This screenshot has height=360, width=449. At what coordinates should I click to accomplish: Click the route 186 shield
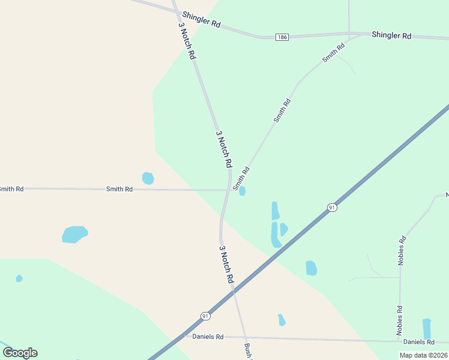(x=282, y=37)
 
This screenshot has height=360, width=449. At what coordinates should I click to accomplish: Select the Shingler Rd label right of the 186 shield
(x=391, y=35)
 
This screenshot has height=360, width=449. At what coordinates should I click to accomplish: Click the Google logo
(x=20, y=353)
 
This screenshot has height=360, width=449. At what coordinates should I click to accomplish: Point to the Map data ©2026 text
(x=423, y=355)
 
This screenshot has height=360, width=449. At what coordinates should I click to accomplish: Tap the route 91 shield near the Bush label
(x=205, y=316)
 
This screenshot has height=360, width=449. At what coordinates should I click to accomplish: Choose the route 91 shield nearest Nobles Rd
(x=332, y=208)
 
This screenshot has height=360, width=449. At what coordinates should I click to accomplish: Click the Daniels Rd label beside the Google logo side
(x=208, y=337)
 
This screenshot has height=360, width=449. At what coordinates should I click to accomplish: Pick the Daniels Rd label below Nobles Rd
(x=419, y=342)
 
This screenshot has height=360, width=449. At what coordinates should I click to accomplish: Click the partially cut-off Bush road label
(x=247, y=351)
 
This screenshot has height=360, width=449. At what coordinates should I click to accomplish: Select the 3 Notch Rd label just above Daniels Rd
(x=226, y=265)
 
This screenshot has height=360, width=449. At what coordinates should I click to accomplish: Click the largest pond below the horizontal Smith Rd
(x=75, y=234)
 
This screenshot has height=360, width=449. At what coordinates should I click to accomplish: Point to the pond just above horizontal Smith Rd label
(x=148, y=178)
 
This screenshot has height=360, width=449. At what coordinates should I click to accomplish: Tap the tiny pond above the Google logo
(x=19, y=278)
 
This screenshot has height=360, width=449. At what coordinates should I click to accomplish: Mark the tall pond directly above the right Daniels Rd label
(x=427, y=328)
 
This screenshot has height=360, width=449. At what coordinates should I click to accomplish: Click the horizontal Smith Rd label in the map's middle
(x=119, y=189)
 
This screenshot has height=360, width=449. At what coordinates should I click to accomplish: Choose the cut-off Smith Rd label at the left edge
(x=11, y=189)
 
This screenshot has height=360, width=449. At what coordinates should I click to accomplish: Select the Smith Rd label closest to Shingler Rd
(x=333, y=52)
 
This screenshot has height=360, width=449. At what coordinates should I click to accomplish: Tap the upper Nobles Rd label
(x=402, y=251)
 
